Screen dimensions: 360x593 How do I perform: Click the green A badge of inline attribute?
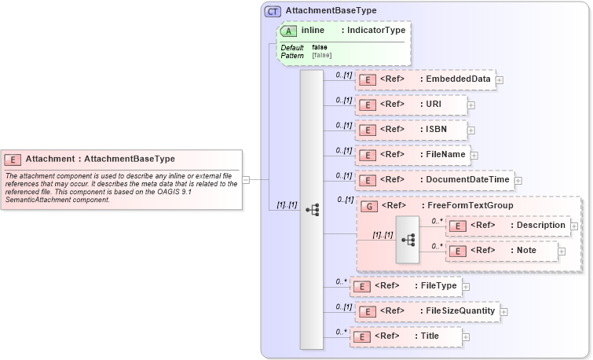pos(288,31)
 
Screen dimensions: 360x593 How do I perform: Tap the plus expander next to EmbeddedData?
pos(500,79)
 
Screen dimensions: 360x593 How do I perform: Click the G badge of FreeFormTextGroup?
pos(368,206)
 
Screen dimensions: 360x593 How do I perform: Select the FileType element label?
pos(437,285)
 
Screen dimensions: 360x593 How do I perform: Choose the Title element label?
pos(430,336)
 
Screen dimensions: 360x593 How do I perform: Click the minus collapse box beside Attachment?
pos(246,179)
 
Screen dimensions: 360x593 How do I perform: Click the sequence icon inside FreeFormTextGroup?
pos(408,237)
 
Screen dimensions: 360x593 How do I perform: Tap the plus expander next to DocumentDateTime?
pos(518,181)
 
